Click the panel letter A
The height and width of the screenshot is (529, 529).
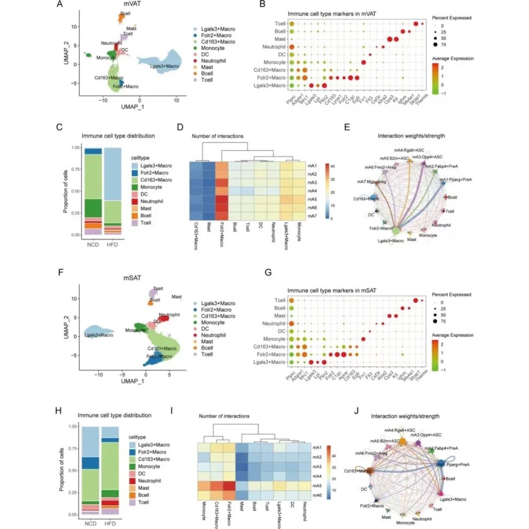59,4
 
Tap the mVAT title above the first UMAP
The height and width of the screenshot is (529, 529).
132,4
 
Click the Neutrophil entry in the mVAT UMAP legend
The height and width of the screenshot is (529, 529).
213,61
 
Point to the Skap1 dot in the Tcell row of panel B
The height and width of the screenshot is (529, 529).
416,24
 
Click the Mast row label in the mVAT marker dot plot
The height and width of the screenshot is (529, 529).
280,39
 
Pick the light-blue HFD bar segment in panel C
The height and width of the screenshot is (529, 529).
113,174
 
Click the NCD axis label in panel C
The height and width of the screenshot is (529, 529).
93,244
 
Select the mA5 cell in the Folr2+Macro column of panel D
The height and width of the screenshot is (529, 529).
222,199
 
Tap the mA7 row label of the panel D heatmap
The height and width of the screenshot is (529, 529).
312,216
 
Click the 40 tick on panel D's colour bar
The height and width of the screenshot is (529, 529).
332,166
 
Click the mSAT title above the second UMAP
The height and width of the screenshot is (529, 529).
132,278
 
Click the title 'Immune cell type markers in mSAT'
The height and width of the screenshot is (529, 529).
332,290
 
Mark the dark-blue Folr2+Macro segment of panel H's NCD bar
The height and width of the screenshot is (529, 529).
91,463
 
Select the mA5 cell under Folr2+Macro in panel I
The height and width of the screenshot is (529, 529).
229,486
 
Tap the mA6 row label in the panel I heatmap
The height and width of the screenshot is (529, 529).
317,495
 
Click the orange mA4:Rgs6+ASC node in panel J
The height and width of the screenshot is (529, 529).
402,441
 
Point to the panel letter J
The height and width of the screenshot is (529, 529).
356,411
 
